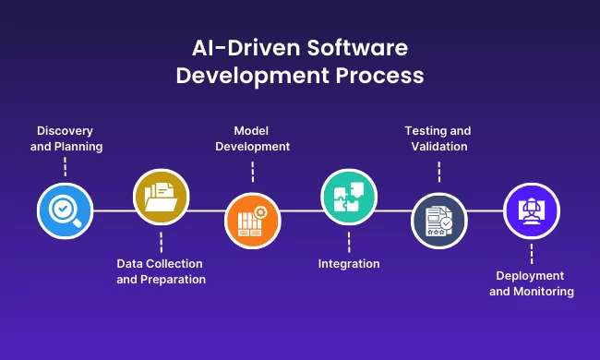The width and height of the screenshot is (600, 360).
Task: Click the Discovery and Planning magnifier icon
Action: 65,210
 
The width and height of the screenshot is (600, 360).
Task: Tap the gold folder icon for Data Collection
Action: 161,198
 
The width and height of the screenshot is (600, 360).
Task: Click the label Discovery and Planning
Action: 64,138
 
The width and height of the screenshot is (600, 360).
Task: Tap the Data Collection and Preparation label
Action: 161,271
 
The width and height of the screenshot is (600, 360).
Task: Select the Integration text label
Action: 349,264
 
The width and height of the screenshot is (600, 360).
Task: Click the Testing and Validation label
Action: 438,138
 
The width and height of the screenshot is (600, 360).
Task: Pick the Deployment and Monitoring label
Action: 532,283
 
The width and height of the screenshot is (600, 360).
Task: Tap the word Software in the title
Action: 357,48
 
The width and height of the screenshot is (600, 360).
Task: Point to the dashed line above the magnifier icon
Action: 65,167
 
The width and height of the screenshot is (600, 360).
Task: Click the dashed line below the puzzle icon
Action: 349,242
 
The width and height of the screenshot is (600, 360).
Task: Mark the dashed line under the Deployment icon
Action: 533,254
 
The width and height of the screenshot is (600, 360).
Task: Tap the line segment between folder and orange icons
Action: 207,210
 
